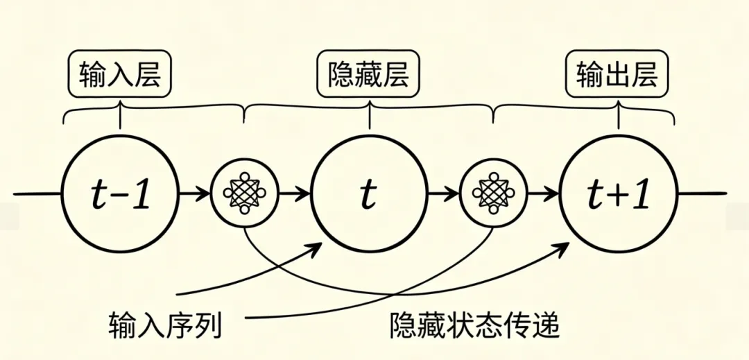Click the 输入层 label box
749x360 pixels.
[x=120, y=73]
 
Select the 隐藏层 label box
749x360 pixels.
[x=368, y=73]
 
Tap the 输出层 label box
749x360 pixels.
[x=617, y=73]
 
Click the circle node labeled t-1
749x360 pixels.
[x=119, y=194]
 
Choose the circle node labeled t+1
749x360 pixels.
[x=617, y=194]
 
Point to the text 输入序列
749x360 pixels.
[x=166, y=324]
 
